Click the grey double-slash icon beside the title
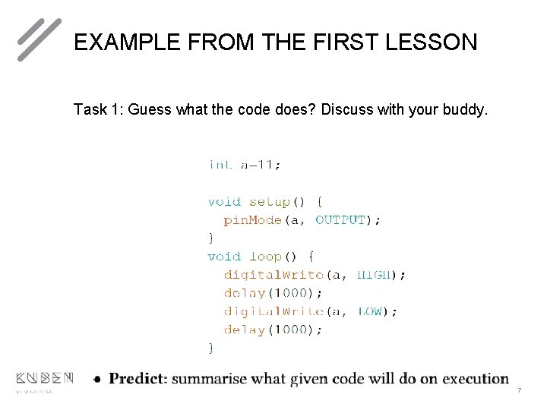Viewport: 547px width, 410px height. coord(39,39)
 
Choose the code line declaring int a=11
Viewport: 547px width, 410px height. coord(244,164)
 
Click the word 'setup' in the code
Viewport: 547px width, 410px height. coord(269,202)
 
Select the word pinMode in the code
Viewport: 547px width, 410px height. coord(253,220)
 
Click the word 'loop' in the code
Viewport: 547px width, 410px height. coord(265,257)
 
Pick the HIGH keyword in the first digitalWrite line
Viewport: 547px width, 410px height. coord(376,275)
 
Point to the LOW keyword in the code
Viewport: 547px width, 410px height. coord(371,311)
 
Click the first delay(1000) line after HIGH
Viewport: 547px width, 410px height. coord(273,293)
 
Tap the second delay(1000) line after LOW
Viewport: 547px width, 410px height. coord(273,330)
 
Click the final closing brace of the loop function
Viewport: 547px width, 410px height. coord(211,347)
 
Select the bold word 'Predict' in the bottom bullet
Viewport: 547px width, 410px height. coord(138,379)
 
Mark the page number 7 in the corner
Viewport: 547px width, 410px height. coord(519,390)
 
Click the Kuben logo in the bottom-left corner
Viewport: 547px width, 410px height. coord(44,378)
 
